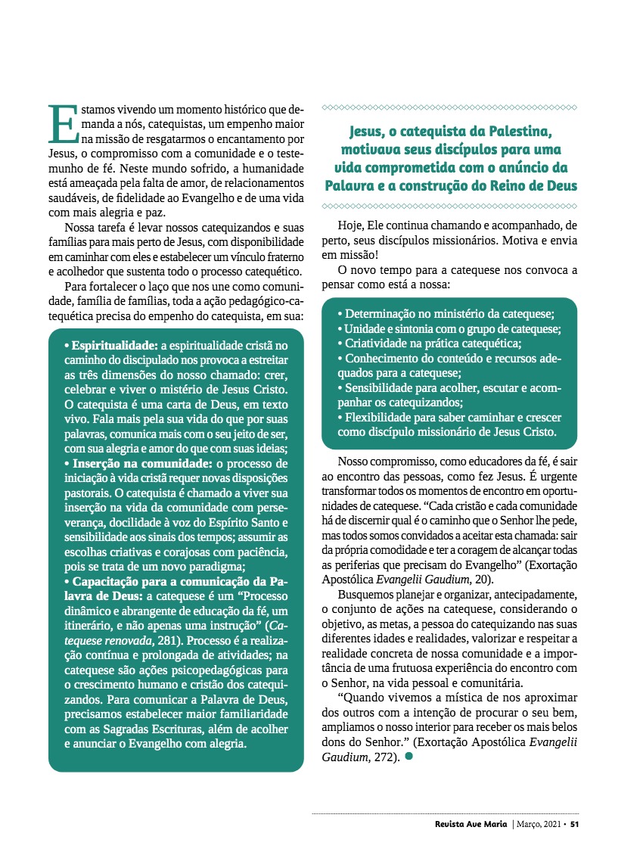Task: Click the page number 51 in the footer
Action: pos(575,824)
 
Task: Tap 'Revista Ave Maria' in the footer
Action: pos(471,824)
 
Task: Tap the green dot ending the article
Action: pos(409,756)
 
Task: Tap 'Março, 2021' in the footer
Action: pos(540,824)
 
